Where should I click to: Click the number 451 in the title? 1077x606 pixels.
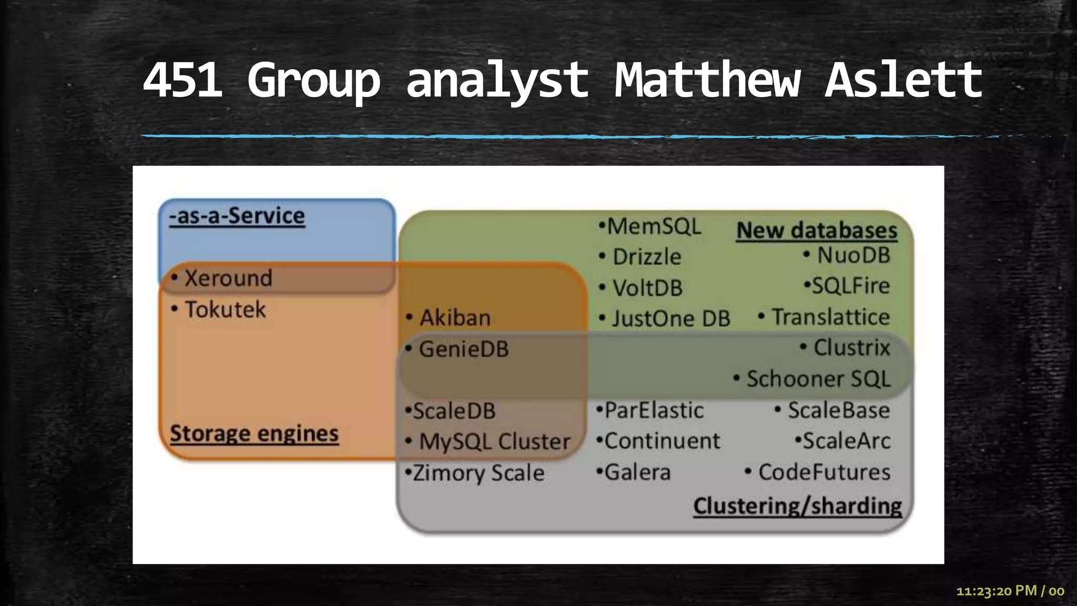tap(182, 80)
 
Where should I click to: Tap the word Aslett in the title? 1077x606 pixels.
tap(903, 80)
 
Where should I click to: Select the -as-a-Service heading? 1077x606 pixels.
tap(237, 216)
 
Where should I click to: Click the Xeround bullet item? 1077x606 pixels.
tap(228, 278)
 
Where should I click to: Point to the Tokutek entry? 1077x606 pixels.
tap(225, 309)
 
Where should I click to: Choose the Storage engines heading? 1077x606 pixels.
tap(254, 433)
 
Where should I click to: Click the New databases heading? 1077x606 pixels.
tap(817, 230)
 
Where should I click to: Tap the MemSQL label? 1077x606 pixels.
tap(654, 227)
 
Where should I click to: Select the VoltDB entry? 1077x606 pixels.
tap(647, 288)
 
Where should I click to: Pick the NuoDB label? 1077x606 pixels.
tap(853, 256)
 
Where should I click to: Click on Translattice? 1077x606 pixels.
tap(830, 317)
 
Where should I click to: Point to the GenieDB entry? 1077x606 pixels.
tap(463, 349)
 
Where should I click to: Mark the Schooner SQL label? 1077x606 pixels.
tap(818, 379)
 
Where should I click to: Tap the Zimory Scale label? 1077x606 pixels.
tap(478, 472)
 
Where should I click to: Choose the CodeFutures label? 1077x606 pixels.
tap(824, 472)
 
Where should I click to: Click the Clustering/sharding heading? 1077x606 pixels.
tap(797, 506)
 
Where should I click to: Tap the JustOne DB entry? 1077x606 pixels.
tap(670, 319)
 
